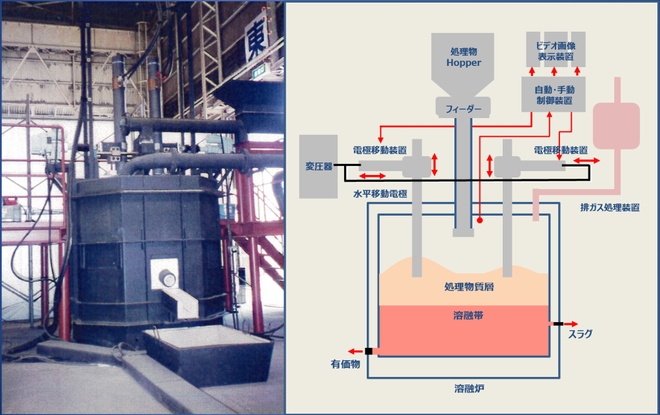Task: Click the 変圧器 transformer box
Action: click(319, 167)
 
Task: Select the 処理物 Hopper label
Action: click(464, 57)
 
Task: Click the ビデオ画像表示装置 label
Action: click(556, 51)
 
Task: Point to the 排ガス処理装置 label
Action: click(610, 207)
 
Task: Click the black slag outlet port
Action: click(556, 324)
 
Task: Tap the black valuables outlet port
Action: click(369, 351)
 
